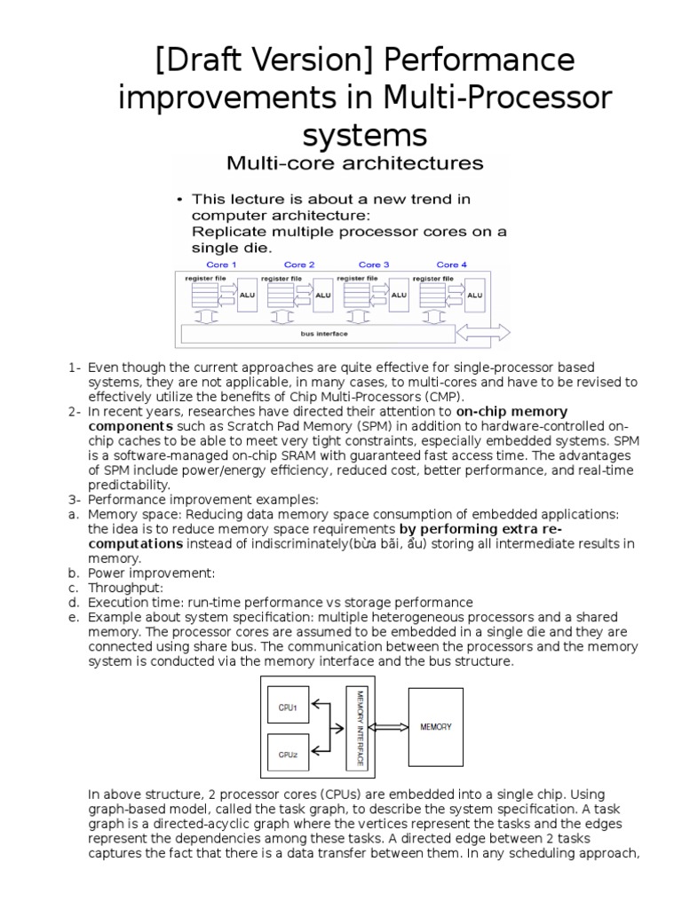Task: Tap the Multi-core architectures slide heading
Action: (342, 163)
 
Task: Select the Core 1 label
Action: (221, 265)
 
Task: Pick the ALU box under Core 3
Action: (400, 295)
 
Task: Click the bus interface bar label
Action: (323, 334)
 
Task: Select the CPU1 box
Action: (288, 707)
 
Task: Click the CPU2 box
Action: (288, 755)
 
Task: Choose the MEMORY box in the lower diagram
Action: (435, 726)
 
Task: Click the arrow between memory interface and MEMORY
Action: (389, 727)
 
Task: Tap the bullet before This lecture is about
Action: (180, 201)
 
